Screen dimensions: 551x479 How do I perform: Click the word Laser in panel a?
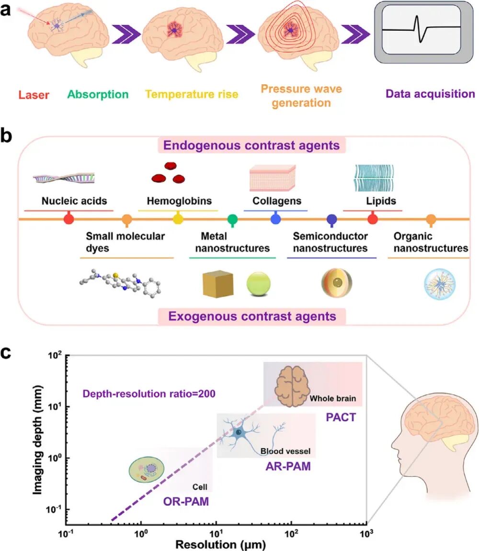tap(34, 95)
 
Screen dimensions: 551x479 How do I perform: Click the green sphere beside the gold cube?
tap(260, 284)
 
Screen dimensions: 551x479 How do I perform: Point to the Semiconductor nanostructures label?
tap(331, 242)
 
